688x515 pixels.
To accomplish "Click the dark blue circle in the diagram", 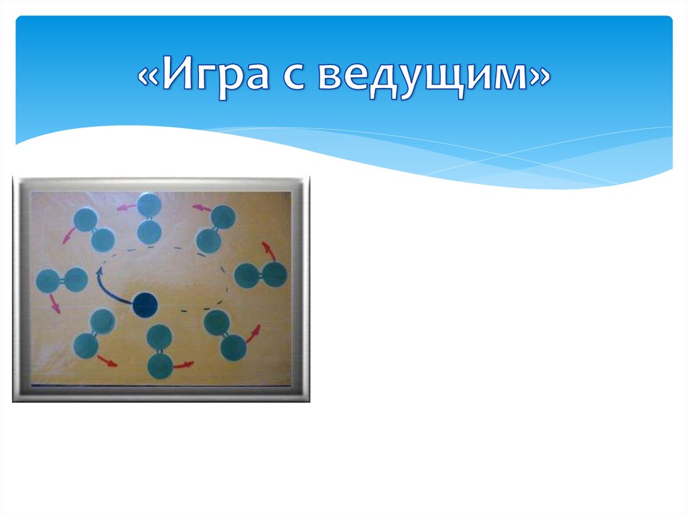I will (x=144, y=305).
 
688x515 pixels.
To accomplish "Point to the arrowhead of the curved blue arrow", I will (x=100, y=272).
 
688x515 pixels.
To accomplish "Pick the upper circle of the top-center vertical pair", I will (x=148, y=205).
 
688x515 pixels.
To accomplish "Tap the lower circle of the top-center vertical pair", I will (x=149, y=232).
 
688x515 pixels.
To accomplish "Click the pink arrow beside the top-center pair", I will (x=123, y=207).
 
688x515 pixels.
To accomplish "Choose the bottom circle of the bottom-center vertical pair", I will (x=160, y=366).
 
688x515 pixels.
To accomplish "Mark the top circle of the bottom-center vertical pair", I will (x=159, y=336).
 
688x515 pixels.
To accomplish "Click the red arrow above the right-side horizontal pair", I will (x=269, y=251).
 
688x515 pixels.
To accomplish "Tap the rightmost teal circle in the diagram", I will (x=274, y=274).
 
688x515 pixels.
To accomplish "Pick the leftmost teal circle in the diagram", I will (x=48, y=281).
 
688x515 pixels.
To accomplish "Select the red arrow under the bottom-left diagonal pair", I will (x=106, y=361).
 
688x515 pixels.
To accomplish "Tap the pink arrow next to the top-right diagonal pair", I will (x=201, y=208).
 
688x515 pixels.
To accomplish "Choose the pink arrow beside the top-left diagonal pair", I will (x=69, y=235).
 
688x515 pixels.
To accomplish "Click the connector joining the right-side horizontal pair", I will (x=261, y=275).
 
